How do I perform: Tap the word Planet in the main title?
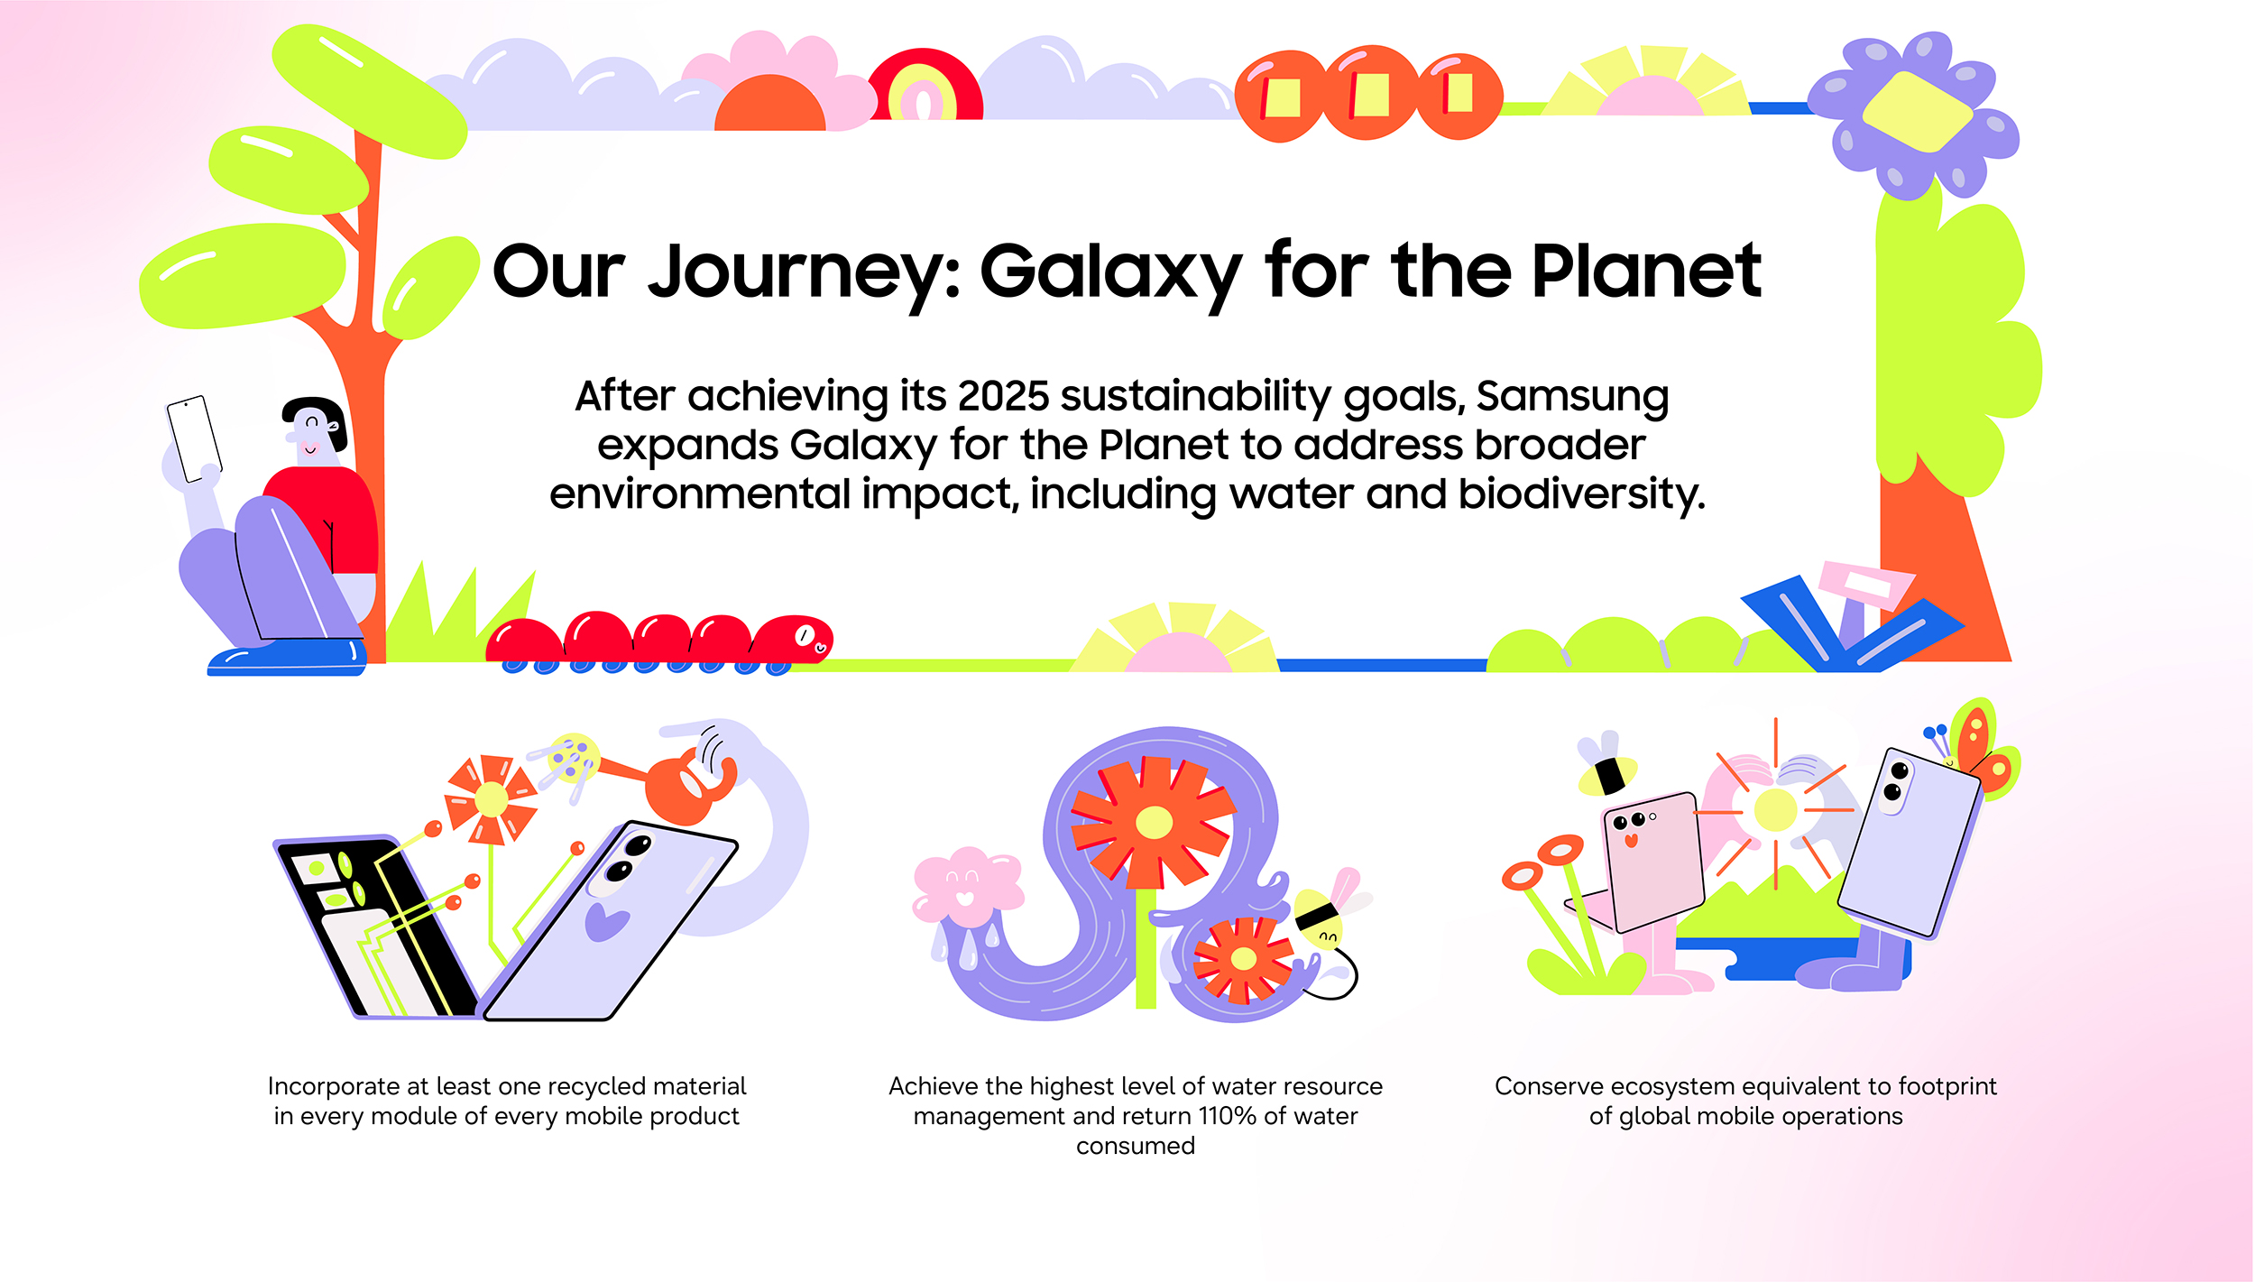pyautogui.click(x=1646, y=270)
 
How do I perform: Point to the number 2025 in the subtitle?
pyautogui.click(x=1003, y=395)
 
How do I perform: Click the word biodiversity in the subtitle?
pyautogui.click(x=1581, y=494)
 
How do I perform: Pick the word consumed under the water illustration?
pyautogui.click(x=1136, y=1147)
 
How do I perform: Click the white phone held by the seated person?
pyautogui.click(x=194, y=438)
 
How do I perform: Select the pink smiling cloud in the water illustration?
pyautogui.click(x=967, y=887)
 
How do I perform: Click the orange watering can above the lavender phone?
pyautogui.click(x=686, y=785)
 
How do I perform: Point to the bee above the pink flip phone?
pyautogui.click(x=1606, y=765)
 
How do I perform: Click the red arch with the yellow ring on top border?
pyautogui.click(x=925, y=86)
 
